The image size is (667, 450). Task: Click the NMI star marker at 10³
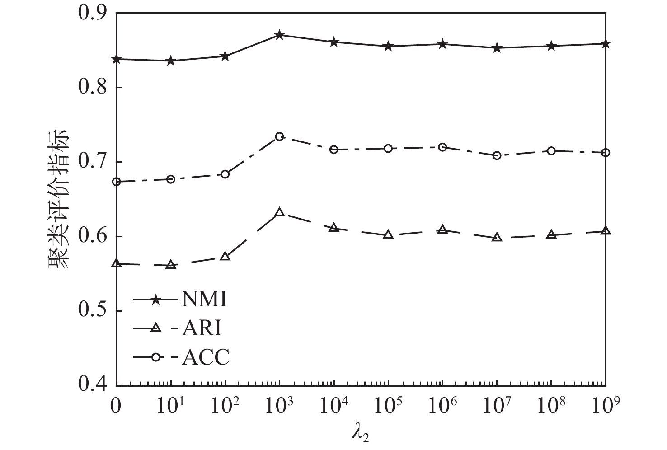point(279,35)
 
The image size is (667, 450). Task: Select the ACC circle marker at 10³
point(279,136)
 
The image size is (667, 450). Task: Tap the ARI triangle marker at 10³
point(279,212)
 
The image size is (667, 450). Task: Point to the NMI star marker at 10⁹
point(606,44)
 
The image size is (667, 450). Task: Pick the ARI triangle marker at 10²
point(225,257)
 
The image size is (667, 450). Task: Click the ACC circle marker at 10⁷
point(497,155)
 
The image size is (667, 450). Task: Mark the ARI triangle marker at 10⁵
point(388,235)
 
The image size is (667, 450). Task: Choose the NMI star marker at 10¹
point(171,61)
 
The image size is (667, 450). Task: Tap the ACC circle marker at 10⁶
point(442,147)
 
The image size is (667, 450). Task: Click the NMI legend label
point(204,300)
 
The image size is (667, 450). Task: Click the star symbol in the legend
point(155,300)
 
